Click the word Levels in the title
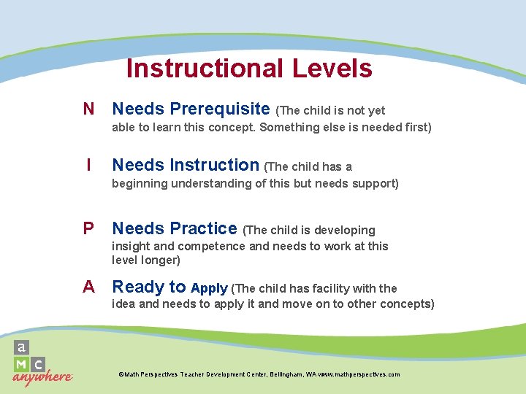[x=332, y=69]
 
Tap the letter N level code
[x=88, y=109]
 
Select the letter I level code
[x=88, y=166]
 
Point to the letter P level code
[x=88, y=229]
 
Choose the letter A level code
[x=88, y=287]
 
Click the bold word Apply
[x=209, y=288]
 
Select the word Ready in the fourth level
[x=138, y=287]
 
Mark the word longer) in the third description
[x=161, y=260]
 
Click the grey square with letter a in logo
[x=22, y=348]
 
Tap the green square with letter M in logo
[x=22, y=364]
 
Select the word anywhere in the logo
[x=42, y=377]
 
